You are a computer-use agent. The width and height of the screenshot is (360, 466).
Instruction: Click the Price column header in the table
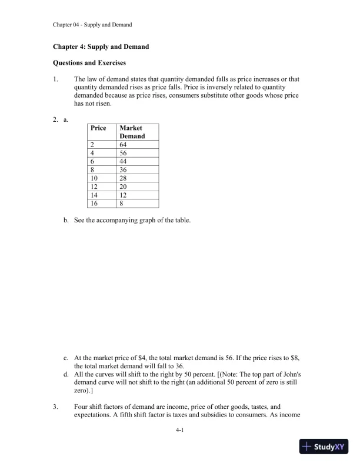pos(98,128)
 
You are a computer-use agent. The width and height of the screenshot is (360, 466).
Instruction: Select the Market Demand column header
pos(132,132)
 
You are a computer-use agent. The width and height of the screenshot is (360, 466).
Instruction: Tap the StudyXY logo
pos(325,447)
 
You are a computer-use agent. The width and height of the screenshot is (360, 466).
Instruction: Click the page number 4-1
pos(180,431)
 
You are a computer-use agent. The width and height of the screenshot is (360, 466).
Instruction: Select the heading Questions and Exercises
pos(89,62)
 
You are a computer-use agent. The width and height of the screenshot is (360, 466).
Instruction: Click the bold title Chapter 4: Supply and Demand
pos(101,46)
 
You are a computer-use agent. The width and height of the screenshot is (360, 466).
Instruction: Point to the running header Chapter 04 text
pos(92,25)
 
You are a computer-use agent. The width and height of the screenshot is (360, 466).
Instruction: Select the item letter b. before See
pos(66,221)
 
